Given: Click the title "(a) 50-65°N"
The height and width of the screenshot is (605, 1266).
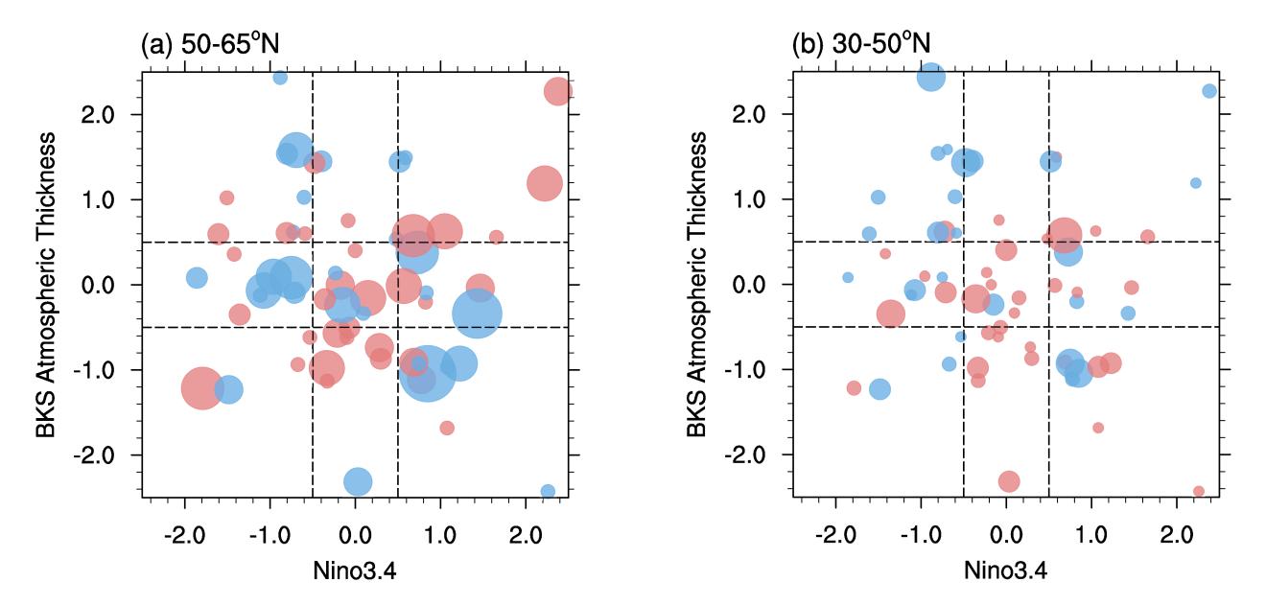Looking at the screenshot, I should [209, 44].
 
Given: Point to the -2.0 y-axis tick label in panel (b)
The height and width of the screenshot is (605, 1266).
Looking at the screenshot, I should [759, 454].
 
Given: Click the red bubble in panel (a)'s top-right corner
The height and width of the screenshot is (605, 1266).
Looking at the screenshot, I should [558, 92].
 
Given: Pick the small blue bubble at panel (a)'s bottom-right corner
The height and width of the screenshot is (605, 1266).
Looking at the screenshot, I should [548, 491].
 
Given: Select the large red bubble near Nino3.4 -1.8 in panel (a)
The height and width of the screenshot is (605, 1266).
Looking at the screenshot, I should [202, 388].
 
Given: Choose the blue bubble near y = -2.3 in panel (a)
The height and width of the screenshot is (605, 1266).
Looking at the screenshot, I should [358, 481].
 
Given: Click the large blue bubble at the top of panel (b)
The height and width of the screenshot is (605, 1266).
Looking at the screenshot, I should [930, 77].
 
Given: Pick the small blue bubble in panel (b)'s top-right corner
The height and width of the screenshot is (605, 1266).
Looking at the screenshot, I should [1209, 91].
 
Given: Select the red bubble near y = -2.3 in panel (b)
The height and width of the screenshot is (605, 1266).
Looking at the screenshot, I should [1008, 481].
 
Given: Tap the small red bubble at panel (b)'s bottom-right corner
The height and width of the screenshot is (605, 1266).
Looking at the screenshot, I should [1199, 491].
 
